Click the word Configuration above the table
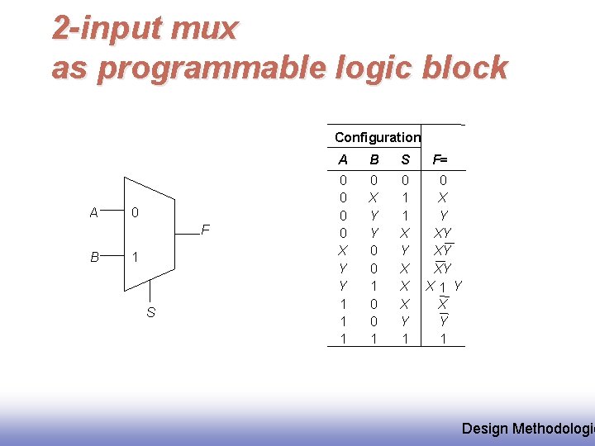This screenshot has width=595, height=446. click(x=377, y=138)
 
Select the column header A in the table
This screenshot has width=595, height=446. click(x=343, y=159)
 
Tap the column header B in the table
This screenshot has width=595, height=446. click(x=374, y=159)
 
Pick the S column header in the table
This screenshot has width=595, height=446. click(x=405, y=159)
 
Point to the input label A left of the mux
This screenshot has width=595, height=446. click(x=94, y=212)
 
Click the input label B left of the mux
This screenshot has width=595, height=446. click(x=94, y=257)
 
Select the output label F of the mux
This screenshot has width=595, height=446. click(x=206, y=229)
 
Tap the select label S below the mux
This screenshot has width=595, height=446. click(x=150, y=312)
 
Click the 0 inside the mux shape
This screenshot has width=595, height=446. click(x=135, y=213)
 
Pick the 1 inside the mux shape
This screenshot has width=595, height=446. click(x=135, y=257)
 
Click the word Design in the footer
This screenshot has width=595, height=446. click(x=485, y=428)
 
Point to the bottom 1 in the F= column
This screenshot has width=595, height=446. click(x=443, y=339)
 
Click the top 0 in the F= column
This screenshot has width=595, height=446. click(x=443, y=180)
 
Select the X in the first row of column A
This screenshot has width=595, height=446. click(x=343, y=249)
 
